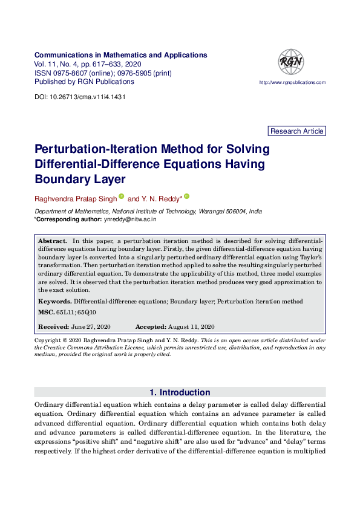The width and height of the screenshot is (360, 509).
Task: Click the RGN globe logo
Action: tap(290, 62)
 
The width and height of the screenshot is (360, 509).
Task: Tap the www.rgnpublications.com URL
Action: tap(292, 82)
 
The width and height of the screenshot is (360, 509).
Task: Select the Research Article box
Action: tap(296, 131)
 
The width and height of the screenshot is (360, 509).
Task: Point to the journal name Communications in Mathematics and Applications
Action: tap(121, 55)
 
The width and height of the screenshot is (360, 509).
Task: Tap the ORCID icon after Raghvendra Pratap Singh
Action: tap(121, 196)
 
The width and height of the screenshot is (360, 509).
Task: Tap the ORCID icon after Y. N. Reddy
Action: tap(186, 196)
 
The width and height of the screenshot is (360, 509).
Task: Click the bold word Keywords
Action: tap(54, 301)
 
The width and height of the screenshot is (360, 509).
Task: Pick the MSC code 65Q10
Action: tap(86, 312)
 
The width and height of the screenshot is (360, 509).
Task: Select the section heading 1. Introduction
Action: tap(180, 392)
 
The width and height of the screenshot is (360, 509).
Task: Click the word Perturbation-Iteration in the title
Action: tap(84, 149)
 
